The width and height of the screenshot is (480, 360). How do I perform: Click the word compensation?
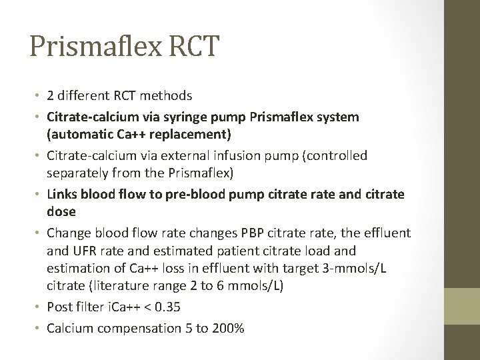point(129,328)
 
